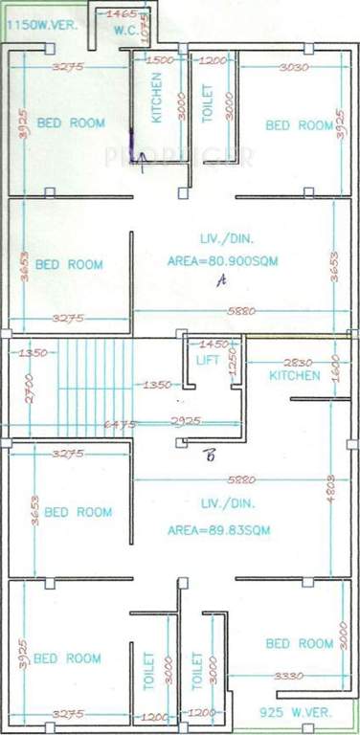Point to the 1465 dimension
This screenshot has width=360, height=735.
tap(122, 13)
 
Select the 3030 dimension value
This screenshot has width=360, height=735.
tap(293, 67)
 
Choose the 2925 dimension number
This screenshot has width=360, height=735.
tap(186, 421)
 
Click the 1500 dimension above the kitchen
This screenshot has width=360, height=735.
tap(161, 60)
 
